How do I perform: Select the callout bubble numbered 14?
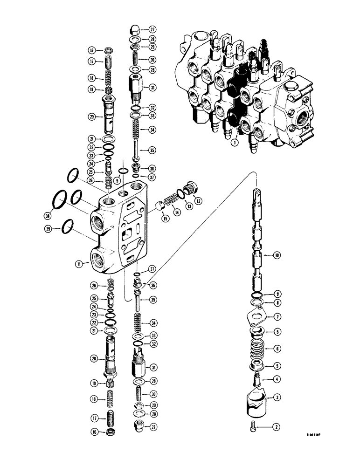point(178,211)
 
